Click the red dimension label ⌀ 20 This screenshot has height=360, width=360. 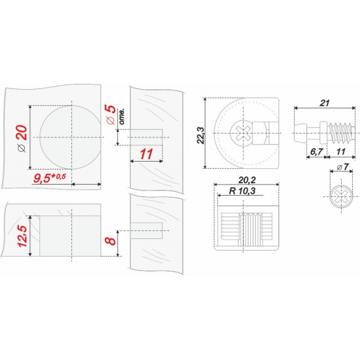pyautogui.click(x=22, y=138)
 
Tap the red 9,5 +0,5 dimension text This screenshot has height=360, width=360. pyautogui.click(x=50, y=178)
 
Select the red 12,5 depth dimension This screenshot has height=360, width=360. pyautogui.click(x=23, y=236)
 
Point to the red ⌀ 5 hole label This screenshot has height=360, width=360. pyautogui.click(x=111, y=114)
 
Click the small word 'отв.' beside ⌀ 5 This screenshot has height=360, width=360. pyautogui.click(x=122, y=117)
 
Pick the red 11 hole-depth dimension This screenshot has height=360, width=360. pyautogui.click(x=146, y=154)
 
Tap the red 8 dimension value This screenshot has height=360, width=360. pyautogui.click(x=111, y=241)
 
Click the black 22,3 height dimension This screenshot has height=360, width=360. pyautogui.click(x=201, y=135)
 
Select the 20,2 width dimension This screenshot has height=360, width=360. pyautogui.click(x=247, y=180)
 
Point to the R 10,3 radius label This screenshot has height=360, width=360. pyautogui.click(x=242, y=190)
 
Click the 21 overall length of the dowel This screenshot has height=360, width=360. pyautogui.click(x=325, y=103)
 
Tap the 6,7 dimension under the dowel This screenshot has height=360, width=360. pyautogui.click(x=317, y=152)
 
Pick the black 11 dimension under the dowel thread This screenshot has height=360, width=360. pyautogui.click(x=341, y=152)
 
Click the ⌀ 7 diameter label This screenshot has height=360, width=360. pyautogui.click(x=343, y=167)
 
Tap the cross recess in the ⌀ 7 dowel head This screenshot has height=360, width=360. pyautogui.click(x=341, y=196)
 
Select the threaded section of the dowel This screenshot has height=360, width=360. pyautogui.click(x=342, y=133)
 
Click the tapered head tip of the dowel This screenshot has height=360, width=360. pyautogui.click(x=300, y=133)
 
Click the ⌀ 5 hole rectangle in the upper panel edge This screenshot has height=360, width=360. pyautogui.click(x=147, y=137)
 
